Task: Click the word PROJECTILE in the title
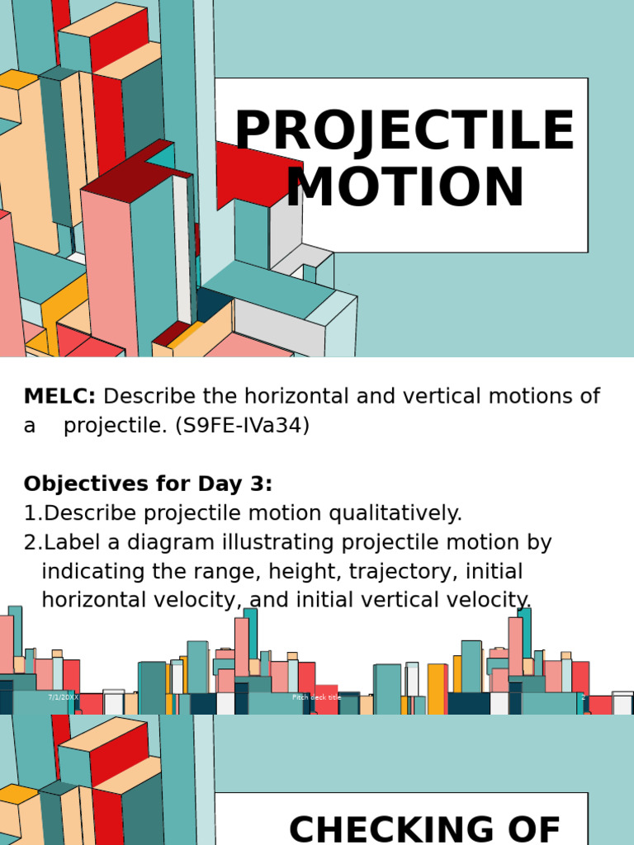click(x=405, y=132)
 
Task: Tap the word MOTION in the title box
click(x=405, y=188)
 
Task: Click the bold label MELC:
click(x=60, y=397)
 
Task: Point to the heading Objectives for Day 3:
click(x=148, y=484)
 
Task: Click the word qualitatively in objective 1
click(x=395, y=513)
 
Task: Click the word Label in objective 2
click(x=70, y=543)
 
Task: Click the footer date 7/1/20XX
click(x=63, y=697)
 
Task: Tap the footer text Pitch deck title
click(x=316, y=697)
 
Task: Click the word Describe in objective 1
click(x=90, y=513)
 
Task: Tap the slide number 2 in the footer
click(x=583, y=697)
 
